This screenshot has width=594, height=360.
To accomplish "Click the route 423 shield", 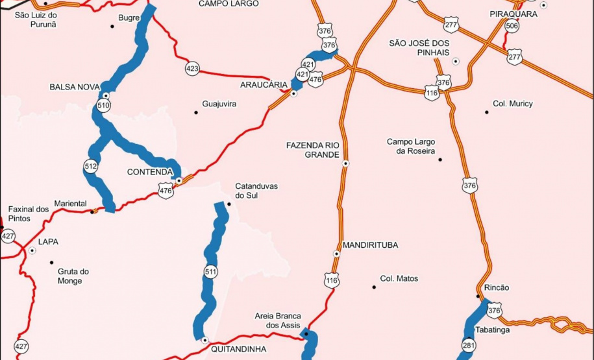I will tap(192, 68).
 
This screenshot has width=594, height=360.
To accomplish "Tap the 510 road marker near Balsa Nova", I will tap(104, 104).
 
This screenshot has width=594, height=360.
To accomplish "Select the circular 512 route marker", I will tap(90, 167).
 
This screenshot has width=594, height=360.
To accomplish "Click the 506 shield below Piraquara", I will tap(512, 26).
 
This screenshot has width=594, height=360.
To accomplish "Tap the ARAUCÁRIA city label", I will tap(264, 86).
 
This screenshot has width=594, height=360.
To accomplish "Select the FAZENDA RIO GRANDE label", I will tap(313, 150).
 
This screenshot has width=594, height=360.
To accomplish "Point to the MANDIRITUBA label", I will tap(370, 245).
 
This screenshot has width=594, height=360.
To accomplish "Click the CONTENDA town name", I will tap(149, 172).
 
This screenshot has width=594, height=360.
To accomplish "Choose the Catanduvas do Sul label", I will tap(256, 191).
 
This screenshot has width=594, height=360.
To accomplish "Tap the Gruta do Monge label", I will tap(73, 276).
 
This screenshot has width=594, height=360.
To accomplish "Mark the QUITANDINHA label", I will tap(239, 348).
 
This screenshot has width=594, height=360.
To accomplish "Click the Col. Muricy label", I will tap(513, 104).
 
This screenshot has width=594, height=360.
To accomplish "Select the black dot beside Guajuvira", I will tap(195, 112).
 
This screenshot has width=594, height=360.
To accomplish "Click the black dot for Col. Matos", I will tap(374, 286).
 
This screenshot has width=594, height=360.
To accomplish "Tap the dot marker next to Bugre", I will tap(112, 26).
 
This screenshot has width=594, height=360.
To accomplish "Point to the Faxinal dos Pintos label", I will tap(29, 213).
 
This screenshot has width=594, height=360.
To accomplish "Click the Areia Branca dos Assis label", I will tap(278, 321).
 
